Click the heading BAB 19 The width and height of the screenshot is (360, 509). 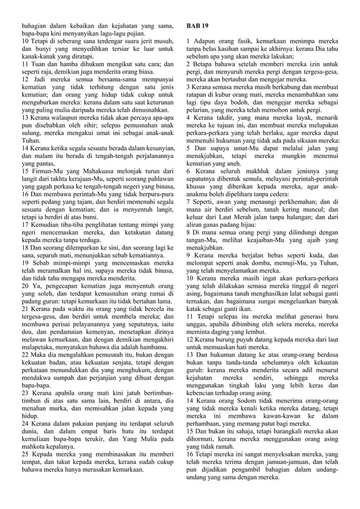point(197,26)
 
